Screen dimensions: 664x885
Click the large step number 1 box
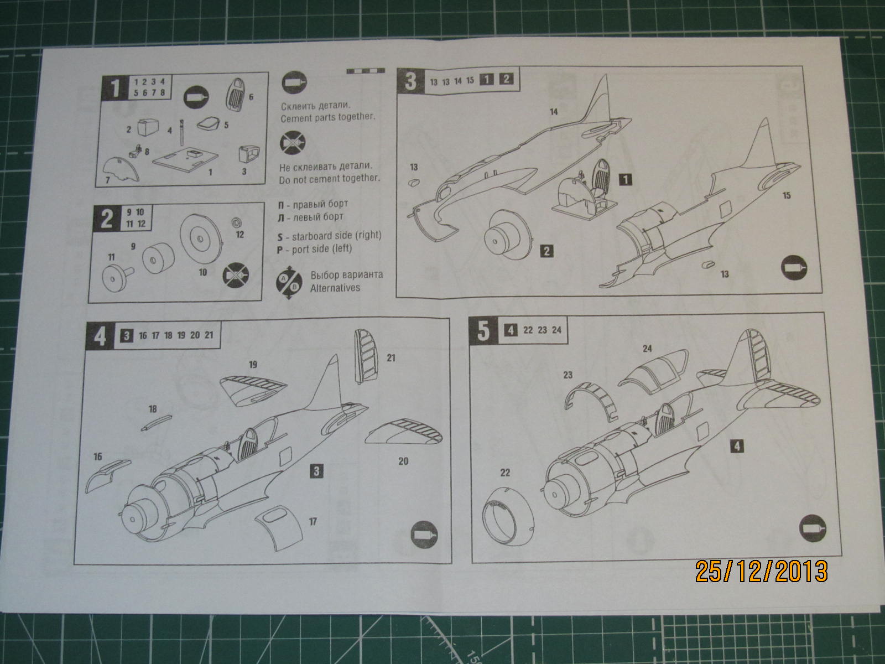pos(114,87)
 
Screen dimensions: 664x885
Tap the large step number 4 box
pos(100,336)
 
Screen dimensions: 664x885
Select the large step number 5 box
pos(483,331)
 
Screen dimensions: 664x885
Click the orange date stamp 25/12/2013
pos(762,572)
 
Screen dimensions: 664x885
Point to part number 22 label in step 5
pos(504,473)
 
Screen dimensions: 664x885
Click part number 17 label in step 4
pos(313,521)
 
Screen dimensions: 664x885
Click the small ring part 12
pos(237,222)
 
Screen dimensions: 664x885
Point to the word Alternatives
pos(335,288)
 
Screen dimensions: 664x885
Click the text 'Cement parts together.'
pos(327,117)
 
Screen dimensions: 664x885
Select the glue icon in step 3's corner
pos(794,268)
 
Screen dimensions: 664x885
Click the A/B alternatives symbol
pos(288,281)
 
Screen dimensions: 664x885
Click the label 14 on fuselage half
pos(553,112)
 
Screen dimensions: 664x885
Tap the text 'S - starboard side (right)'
pos(330,235)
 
